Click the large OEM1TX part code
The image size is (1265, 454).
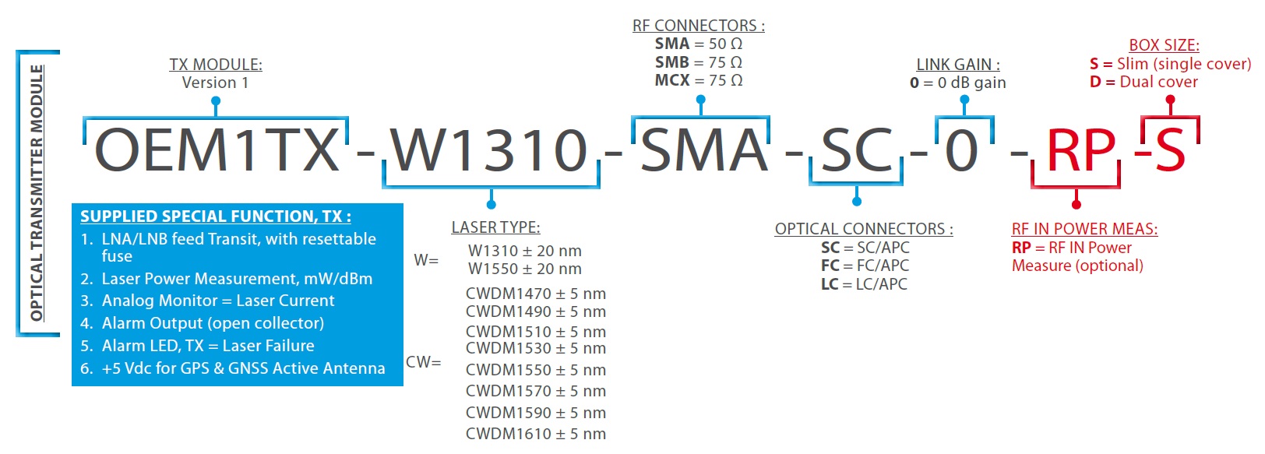pyautogui.click(x=217, y=150)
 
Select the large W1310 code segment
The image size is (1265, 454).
pyautogui.click(x=490, y=150)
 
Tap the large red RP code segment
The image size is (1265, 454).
pyautogui.click(x=1081, y=150)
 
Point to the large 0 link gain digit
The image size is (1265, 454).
pyautogui.click(x=962, y=150)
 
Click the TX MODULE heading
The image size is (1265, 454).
pyautogui.click(x=216, y=65)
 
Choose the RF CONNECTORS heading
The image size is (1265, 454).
pyautogui.click(x=699, y=26)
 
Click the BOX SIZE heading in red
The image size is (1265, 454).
pyautogui.click(x=1164, y=45)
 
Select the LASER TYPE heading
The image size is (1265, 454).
pyautogui.click(x=495, y=227)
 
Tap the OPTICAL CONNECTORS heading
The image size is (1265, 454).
pyautogui.click(x=864, y=229)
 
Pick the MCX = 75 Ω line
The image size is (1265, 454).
pyautogui.click(x=699, y=80)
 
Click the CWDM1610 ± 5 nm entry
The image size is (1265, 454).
pyautogui.click(x=535, y=434)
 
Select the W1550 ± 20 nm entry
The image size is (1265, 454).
pyautogui.click(x=525, y=269)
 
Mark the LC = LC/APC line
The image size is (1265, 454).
pyautogui.click(x=864, y=284)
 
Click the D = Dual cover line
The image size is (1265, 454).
pyautogui.click(x=1143, y=82)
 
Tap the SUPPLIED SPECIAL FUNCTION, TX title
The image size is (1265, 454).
pyautogui.click(x=216, y=216)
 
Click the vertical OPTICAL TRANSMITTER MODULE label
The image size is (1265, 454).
pyautogui.click(x=37, y=193)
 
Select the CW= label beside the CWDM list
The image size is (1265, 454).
pyautogui.click(x=424, y=362)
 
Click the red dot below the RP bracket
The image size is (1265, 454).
pyautogui.click(x=1076, y=204)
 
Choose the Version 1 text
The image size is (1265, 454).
pyautogui.click(x=215, y=83)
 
